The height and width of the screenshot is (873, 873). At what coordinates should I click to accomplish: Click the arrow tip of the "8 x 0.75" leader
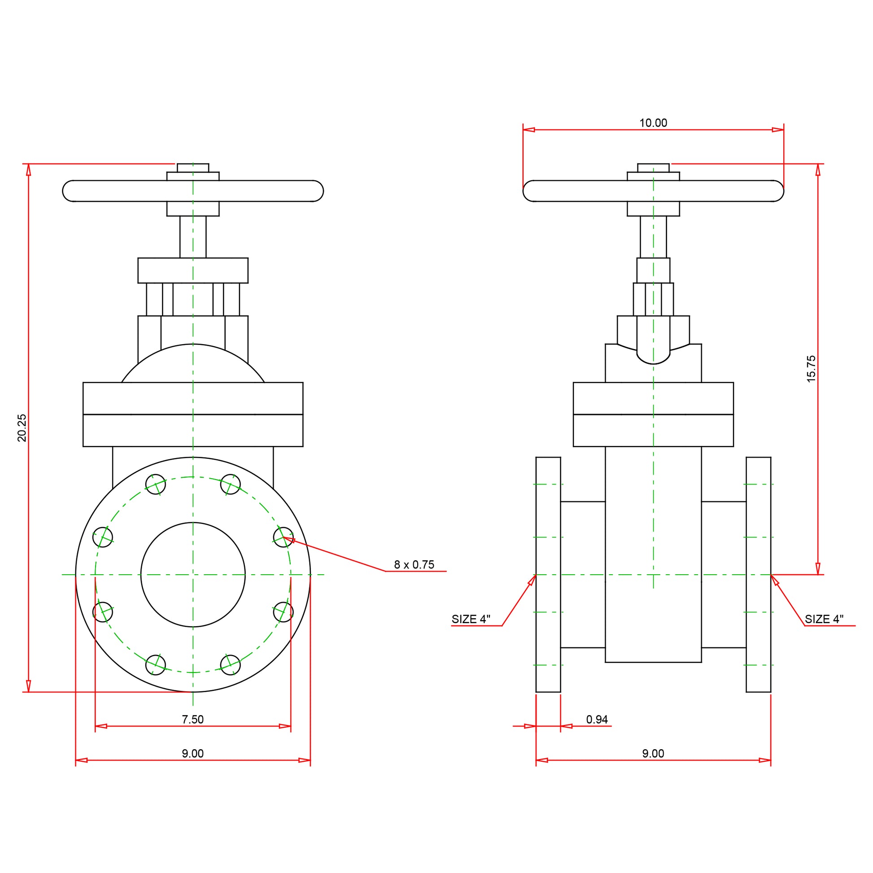pyautogui.click(x=284, y=537)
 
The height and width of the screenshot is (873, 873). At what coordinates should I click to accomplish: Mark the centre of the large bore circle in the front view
pyautogui.click(x=193, y=575)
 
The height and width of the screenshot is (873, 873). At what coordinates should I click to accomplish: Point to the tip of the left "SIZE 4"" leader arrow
pyautogui.click(x=536, y=575)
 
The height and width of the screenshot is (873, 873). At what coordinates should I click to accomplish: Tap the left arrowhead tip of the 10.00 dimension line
pyautogui.click(x=523, y=130)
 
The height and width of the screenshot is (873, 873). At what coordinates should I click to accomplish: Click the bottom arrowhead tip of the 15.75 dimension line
pyautogui.click(x=818, y=575)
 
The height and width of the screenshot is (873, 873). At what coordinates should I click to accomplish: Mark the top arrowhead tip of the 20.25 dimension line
pyautogui.click(x=28, y=164)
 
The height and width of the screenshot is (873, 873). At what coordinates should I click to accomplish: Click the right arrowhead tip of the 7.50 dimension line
pyautogui.click(x=291, y=726)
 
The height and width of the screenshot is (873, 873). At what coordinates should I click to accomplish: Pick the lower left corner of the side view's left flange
pyautogui.click(x=536, y=692)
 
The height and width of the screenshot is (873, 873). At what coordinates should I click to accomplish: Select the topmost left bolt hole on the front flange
pyautogui.click(x=155, y=485)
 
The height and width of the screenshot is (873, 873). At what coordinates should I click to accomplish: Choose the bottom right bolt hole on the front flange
pyautogui.click(x=231, y=665)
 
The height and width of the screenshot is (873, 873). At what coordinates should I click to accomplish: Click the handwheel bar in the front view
pyautogui.click(x=193, y=191)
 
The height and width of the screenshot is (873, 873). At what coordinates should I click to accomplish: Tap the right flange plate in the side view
pyautogui.click(x=758, y=574)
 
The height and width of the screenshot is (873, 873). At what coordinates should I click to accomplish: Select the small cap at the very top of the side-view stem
pyautogui.click(x=653, y=168)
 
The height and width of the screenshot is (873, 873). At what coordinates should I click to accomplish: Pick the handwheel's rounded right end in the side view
pyautogui.click(x=778, y=191)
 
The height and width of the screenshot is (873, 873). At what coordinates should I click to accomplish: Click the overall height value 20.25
pyautogui.click(x=22, y=428)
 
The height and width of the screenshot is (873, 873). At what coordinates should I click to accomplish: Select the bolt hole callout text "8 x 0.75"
pyautogui.click(x=414, y=564)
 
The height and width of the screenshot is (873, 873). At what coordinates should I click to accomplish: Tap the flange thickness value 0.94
pyautogui.click(x=597, y=720)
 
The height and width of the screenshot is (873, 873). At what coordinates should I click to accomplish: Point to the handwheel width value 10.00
pyautogui.click(x=653, y=122)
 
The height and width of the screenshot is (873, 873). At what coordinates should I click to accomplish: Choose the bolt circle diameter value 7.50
pyautogui.click(x=193, y=720)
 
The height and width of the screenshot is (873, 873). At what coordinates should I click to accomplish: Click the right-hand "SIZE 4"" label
pyautogui.click(x=824, y=619)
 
